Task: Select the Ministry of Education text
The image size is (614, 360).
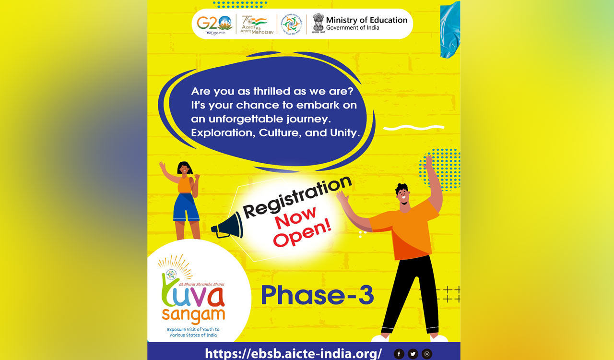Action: pyautogui.click(x=366, y=20)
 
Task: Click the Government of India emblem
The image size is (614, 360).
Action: pyautogui.click(x=318, y=23)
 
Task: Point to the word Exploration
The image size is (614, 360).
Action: pyautogui.click(x=221, y=133)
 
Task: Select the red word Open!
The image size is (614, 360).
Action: pyautogui.click(x=302, y=234)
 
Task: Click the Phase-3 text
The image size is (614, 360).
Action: pyautogui.click(x=317, y=296)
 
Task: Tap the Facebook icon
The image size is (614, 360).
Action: pyautogui.click(x=399, y=354)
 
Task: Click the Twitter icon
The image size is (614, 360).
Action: pyautogui.click(x=413, y=354)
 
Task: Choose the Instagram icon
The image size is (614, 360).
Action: pyautogui.click(x=426, y=354)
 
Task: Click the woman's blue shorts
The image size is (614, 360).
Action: pyautogui.click(x=186, y=207)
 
